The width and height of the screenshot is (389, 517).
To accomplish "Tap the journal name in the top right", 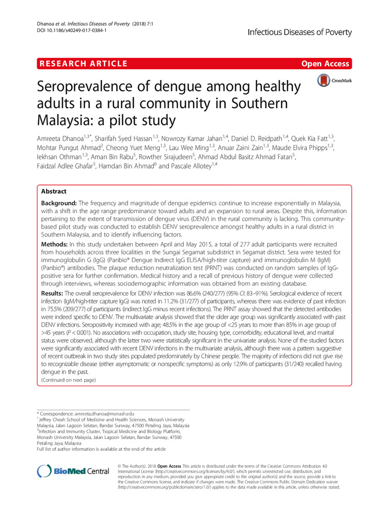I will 300,33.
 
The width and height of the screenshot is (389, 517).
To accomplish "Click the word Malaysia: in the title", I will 70,120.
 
